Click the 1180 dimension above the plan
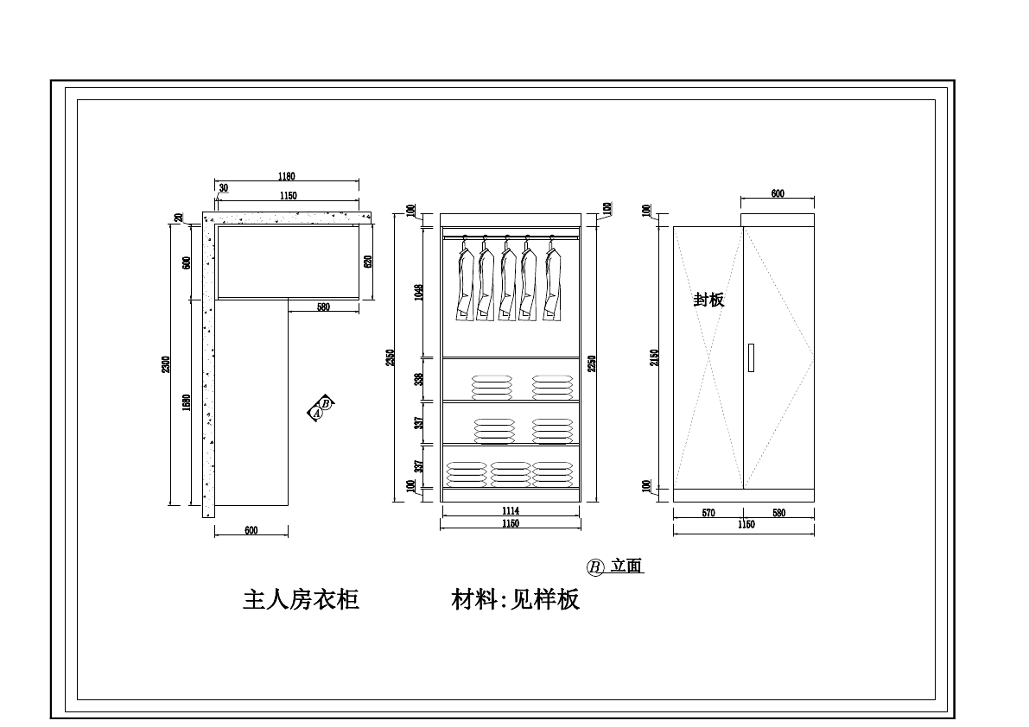coord(286,177)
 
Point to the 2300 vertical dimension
coord(166,365)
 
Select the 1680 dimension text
coord(187,402)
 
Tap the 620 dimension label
coord(367,262)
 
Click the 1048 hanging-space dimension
coord(419,292)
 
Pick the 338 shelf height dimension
coord(419,379)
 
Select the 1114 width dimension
coord(510,511)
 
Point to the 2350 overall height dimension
coord(391,357)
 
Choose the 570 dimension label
coord(708,513)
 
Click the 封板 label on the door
coord(709,300)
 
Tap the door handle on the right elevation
coord(751,357)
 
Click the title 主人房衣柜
coord(301,599)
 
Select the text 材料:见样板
coord(516,599)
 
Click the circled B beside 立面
coord(595,567)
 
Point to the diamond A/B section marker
coord(321,408)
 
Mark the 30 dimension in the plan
coord(224,187)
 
